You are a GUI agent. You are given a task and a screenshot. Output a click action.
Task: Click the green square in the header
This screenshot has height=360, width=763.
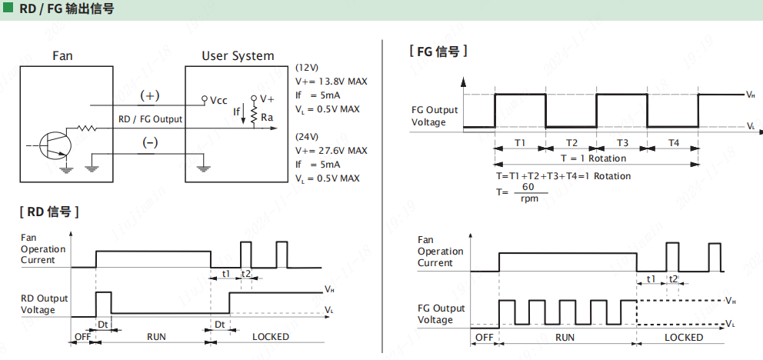(x=7, y=8)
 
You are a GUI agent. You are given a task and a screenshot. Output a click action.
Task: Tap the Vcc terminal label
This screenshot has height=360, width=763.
(x=218, y=100)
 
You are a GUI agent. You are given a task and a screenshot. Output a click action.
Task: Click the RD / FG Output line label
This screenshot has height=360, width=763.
(x=150, y=119)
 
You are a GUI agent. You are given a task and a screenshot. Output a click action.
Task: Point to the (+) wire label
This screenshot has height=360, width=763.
(x=149, y=96)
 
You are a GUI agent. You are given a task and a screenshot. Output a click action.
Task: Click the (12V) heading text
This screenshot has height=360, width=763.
(x=308, y=68)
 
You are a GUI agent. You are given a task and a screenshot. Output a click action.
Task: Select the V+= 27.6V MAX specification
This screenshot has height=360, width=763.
(x=331, y=151)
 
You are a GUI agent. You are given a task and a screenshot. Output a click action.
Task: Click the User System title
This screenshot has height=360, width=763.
(x=238, y=55)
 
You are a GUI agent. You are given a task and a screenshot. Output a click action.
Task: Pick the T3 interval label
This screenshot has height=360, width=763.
(x=622, y=143)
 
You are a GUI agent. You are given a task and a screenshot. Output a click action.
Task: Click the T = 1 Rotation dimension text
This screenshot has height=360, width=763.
(x=593, y=158)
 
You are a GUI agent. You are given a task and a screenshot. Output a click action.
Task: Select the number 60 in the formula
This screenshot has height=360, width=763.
(x=528, y=187)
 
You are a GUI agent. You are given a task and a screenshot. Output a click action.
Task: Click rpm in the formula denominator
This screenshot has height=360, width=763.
(x=528, y=198)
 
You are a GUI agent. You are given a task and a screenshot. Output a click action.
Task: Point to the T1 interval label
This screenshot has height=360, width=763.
(x=520, y=143)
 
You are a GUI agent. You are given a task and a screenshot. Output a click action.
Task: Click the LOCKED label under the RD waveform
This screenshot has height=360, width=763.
(x=271, y=337)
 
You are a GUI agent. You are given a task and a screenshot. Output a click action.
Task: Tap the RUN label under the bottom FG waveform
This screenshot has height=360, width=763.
(x=565, y=337)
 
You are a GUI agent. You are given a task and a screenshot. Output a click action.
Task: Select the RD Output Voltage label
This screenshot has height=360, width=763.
(x=44, y=304)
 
